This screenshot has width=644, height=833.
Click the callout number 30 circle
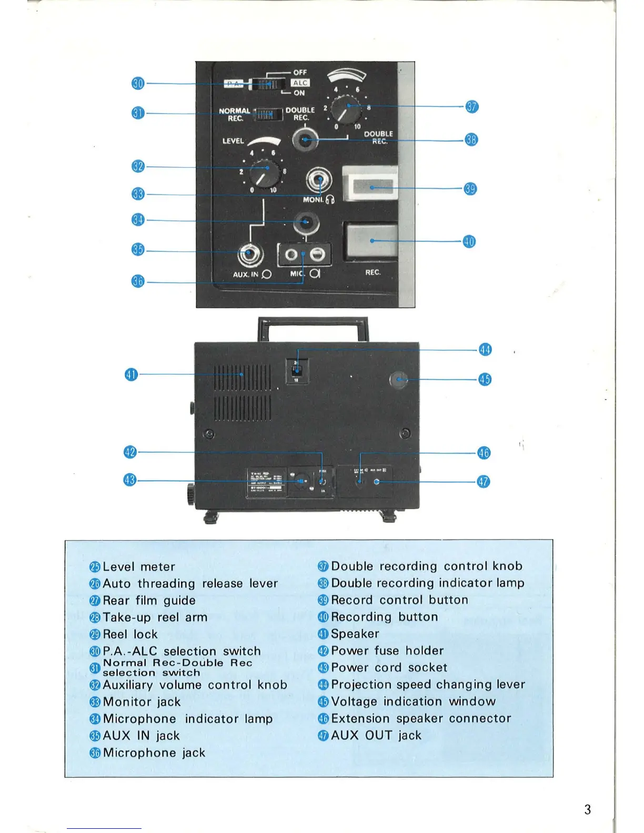(x=138, y=84)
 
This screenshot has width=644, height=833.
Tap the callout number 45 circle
(x=485, y=379)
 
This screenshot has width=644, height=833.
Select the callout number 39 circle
(x=470, y=189)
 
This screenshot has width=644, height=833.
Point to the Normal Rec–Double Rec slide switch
(x=268, y=114)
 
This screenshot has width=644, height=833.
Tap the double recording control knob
(x=347, y=109)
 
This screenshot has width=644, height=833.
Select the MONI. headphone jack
(x=319, y=180)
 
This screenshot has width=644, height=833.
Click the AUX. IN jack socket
(x=250, y=255)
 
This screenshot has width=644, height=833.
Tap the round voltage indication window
(x=399, y=380)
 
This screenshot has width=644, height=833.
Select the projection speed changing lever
(x=296, y=370)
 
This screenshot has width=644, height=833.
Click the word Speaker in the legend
(x=355, y=634)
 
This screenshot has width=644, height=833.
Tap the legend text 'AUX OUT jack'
(x=376, y=735)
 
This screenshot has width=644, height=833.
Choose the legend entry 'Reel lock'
(x=130, y=634)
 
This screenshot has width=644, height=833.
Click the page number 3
(x=588, y=809)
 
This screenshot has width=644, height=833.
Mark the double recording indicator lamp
(x=306, y=140)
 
